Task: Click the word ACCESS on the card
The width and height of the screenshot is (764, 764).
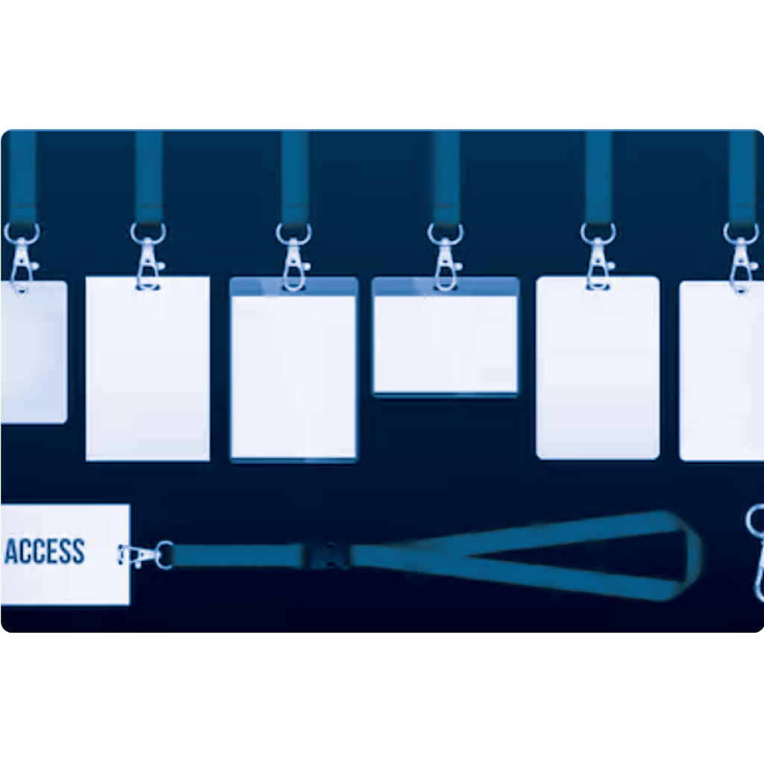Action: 44,551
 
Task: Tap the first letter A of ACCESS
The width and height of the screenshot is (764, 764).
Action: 10,551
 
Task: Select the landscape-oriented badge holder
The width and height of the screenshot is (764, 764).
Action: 445,336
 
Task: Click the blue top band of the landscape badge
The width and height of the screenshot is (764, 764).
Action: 445,287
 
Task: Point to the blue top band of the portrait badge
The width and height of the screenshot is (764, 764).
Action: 293,287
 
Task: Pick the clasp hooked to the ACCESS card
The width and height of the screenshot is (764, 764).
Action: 145,555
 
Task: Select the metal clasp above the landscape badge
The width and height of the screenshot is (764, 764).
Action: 445,257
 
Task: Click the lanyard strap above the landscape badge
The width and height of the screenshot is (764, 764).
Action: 446,178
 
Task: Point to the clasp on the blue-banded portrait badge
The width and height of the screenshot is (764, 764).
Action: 293,257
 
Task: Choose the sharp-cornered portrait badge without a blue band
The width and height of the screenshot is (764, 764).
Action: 148,369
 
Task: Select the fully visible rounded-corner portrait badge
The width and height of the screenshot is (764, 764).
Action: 598,368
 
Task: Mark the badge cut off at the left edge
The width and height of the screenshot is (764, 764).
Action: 34,352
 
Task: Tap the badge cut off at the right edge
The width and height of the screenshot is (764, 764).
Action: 721,370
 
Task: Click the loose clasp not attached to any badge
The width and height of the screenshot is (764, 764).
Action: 755,553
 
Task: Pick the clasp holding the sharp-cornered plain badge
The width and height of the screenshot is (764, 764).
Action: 148,257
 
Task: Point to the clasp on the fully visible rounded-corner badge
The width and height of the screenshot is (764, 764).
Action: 598,257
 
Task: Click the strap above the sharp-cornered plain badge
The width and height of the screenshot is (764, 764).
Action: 148,178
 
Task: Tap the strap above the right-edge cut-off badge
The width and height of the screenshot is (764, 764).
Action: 742,178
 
